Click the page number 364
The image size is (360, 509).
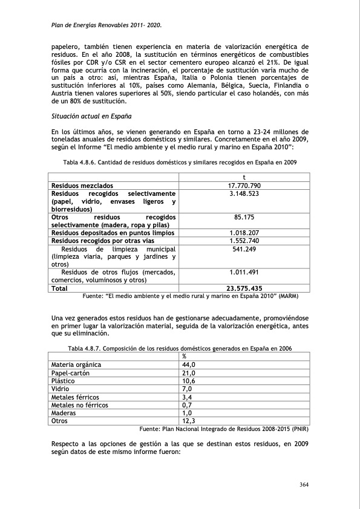[304, 484]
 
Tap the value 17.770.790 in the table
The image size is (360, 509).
[244, 185]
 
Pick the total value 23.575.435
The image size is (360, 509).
[244, 288]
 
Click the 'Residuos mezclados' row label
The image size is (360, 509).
[82, 185]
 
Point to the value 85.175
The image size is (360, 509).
[244, 216]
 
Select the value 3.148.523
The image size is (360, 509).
[244, 193]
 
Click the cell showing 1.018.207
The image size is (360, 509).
[244, 232]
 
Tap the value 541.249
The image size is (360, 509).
[244, 249]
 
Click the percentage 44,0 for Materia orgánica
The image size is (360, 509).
[189, 365]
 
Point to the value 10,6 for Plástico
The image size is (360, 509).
[189, 381]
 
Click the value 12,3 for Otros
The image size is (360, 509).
[189, 421]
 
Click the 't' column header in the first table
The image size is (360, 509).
[244, 177]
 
